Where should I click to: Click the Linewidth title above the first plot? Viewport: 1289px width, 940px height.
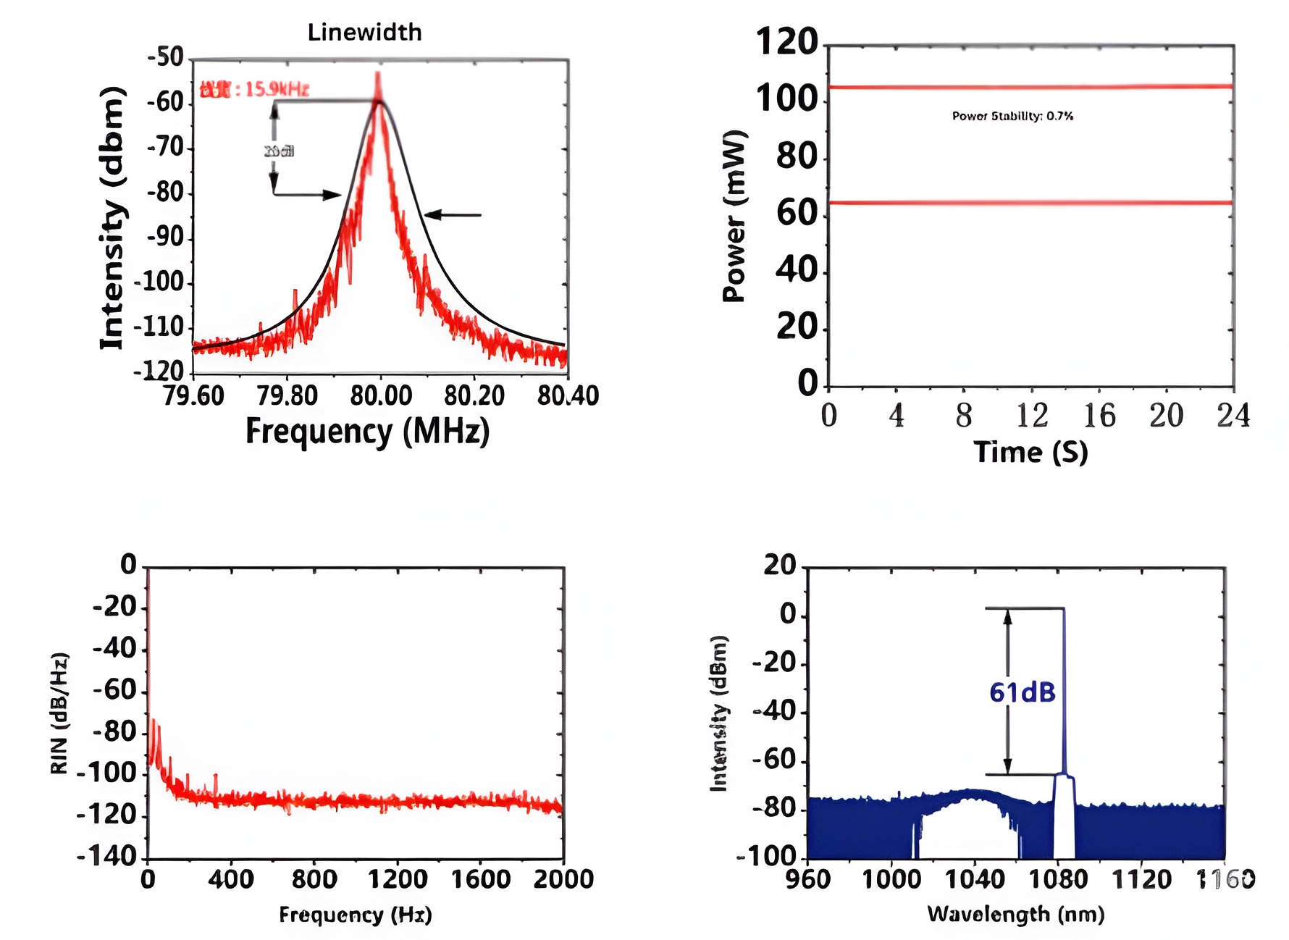click(364, 33)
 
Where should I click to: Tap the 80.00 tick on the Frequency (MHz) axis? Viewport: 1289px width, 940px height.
click(381, 396)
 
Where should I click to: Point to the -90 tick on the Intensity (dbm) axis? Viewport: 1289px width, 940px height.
click(166, 238)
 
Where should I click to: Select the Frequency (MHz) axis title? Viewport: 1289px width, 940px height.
click(367, 432)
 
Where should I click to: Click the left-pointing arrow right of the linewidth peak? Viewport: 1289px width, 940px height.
click(453, 215)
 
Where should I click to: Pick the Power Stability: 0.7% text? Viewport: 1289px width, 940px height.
click(1012, 116)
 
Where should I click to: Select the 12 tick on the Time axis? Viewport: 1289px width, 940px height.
click(1031, 416)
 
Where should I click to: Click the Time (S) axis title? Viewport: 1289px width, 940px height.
click(1030, 453)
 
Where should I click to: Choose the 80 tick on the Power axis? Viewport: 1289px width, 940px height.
click(797, 156)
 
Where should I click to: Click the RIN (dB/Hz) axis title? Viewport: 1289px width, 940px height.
click(59, 713)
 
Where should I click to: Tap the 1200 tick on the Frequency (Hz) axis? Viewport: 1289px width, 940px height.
click(398, 879)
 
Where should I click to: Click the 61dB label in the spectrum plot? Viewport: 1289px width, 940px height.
click(1023, 693)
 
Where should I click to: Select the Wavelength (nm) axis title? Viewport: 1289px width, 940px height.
click(1016, 914)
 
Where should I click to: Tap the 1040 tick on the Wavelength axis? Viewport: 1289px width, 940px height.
click(975, 879)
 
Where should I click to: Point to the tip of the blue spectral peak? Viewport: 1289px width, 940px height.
click(1064, 610)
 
